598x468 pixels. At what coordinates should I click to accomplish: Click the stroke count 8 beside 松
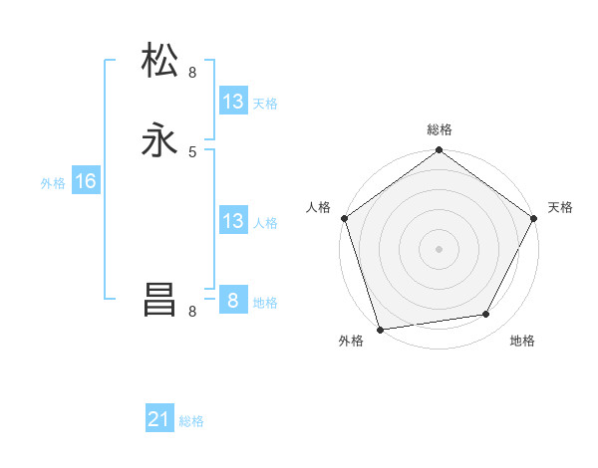pos(192,72)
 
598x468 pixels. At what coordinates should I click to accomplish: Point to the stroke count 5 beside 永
pos(192,151)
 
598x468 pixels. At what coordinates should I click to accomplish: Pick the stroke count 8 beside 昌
pos(192,312)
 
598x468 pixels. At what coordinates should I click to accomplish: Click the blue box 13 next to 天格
pos(233,102)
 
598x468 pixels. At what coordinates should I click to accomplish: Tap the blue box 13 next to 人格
pos(233,221)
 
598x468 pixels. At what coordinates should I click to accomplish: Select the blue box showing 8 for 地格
pos(233,300)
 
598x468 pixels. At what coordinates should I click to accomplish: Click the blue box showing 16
pos(86,181)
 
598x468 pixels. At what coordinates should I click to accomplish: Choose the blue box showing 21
pos(159,419)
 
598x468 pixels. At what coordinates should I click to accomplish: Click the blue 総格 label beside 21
pos(191,421)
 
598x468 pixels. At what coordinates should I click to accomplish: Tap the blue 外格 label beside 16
pos(53,183)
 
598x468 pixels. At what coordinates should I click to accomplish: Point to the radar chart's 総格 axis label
pos(439,129)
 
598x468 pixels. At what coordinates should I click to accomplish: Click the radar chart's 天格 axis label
pos(560,207)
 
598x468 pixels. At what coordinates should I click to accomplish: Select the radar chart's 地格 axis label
pos(522,341)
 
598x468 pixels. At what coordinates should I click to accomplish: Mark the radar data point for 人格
pos(344,218)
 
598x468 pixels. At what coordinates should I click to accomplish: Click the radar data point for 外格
pos(380,329)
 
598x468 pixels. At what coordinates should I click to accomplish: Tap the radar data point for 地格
pos(486,315)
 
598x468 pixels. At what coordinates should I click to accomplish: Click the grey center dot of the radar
pos(439,248)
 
